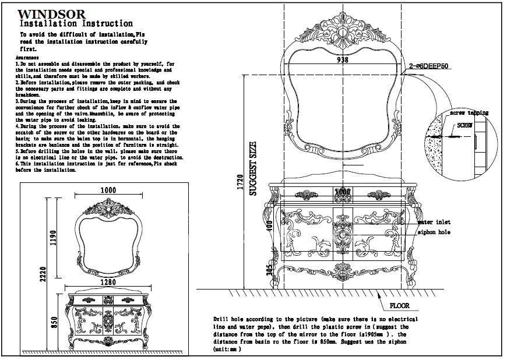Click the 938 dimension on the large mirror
[x=343, y=59]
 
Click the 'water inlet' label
[x=434, y=222]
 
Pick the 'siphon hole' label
[x=434, y=232]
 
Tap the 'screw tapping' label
[x=469, y=112]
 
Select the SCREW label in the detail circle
[x=464, y=125]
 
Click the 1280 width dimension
[x=108, y=283]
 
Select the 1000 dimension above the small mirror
[x=108, y=189]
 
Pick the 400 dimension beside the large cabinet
[x=270, y=225]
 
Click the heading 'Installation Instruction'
[x=76, y=24]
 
